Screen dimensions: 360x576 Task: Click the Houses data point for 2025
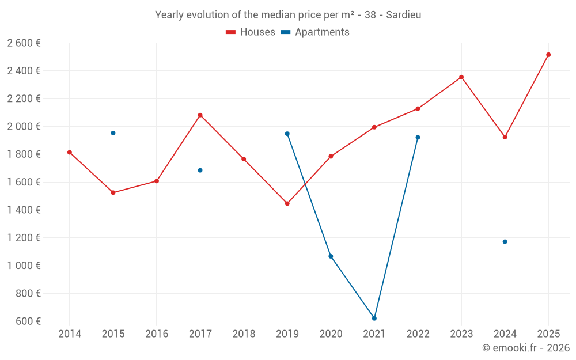[x=548, y=55]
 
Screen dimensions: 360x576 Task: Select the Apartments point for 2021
[x=374, y=318]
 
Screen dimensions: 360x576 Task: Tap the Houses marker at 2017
[x=200, y=115]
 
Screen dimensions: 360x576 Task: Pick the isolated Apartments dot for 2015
[x=113, y=133]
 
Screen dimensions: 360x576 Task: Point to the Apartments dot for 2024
[x=505, y=241]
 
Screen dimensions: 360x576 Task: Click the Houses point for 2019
[x=287, y=203]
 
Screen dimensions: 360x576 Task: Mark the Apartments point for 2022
[x=418, y=137]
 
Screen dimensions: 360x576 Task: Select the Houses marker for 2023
[x=461, y=77]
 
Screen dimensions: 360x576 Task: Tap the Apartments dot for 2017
[x=200, y=170]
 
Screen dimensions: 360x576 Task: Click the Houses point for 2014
[x=70, y=153]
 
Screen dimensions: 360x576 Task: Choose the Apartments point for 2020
[x=331, y=256]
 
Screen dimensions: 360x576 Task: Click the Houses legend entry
[x=251, y=32]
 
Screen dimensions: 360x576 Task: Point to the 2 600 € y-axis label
[x=24, y=43]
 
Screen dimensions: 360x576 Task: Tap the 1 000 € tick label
[x=24, y=266]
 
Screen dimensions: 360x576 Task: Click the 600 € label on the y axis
[x=28, y=321]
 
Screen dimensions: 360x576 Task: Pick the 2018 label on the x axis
[x=244, y=334]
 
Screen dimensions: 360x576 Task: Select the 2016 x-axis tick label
[x=157, y=334]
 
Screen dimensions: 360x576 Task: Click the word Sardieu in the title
[x=403, y=15]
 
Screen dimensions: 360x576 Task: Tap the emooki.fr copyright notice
[x=525, y=348]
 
